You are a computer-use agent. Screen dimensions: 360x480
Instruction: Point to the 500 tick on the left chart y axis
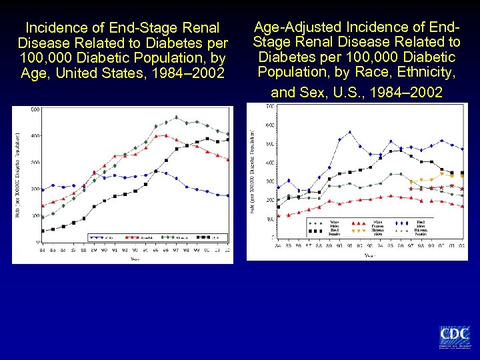point(35,109)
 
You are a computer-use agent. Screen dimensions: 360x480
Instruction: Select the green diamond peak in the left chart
point(176,118)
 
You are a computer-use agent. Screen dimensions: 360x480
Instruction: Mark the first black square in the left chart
point(43,231)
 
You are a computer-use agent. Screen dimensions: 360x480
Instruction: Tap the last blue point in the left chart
point(228,196)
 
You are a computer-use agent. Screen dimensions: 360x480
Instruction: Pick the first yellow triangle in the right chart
point(411,181)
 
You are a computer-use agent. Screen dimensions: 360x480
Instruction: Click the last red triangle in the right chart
point(462,207)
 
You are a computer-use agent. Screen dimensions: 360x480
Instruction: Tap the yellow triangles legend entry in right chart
point(359,231)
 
